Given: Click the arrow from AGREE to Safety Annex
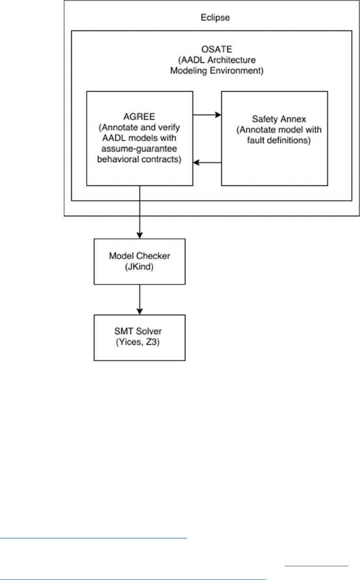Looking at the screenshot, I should pyautogui.click(x=207, y=114).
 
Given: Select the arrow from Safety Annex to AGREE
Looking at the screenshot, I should pyautogui.click(x=207, y=162).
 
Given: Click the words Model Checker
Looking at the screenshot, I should pyautogui.click(x=139, y=256).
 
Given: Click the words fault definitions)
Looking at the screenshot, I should pyautogui.click(x=275, y=141).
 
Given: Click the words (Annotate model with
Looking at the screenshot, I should pyautogui.click(x=275, y=130).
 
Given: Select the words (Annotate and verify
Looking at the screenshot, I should pyautogui.click(x=139, y=128).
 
